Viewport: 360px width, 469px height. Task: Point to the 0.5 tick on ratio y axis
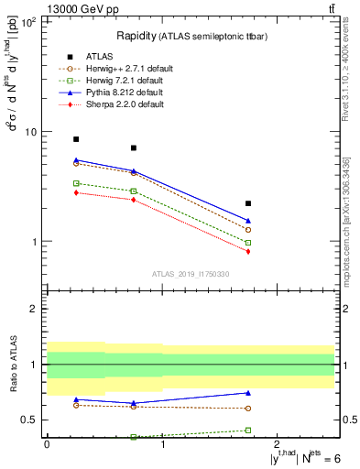pos(28,420)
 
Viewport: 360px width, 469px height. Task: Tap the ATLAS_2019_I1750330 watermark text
pos(191,274)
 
